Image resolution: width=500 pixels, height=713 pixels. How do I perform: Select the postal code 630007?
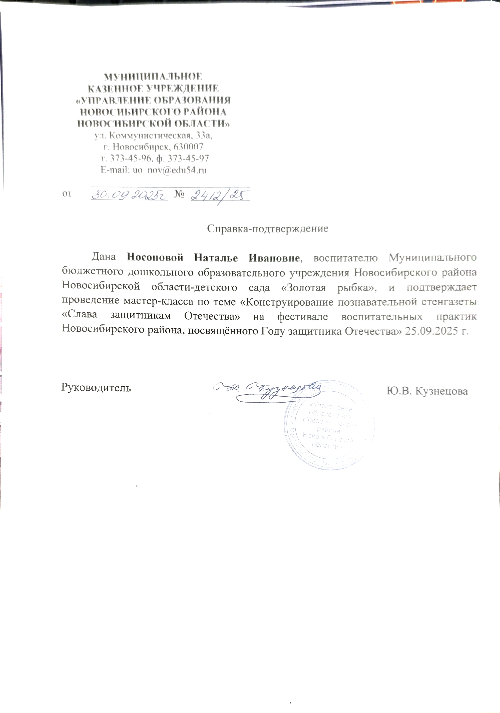tap(189, 147)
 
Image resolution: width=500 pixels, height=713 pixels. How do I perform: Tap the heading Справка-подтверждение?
tap(267, 229)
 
